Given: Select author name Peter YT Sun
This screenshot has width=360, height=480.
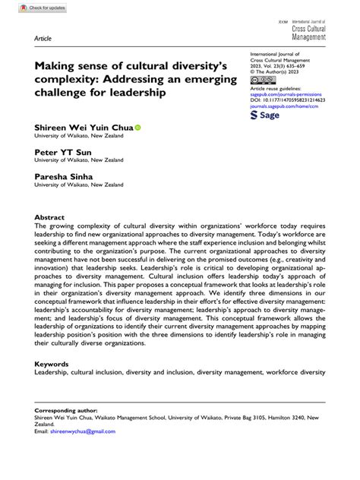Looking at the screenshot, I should coord(62,151).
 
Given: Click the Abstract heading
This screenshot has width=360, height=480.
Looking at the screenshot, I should coord(49,216).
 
